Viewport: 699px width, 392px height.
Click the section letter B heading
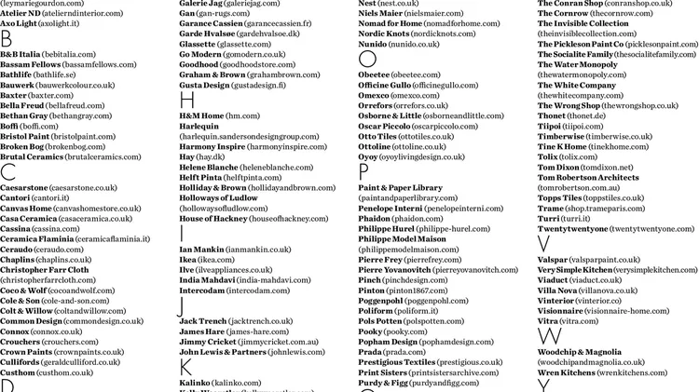point(7,38)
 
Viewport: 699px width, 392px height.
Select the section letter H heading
point(186,100)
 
